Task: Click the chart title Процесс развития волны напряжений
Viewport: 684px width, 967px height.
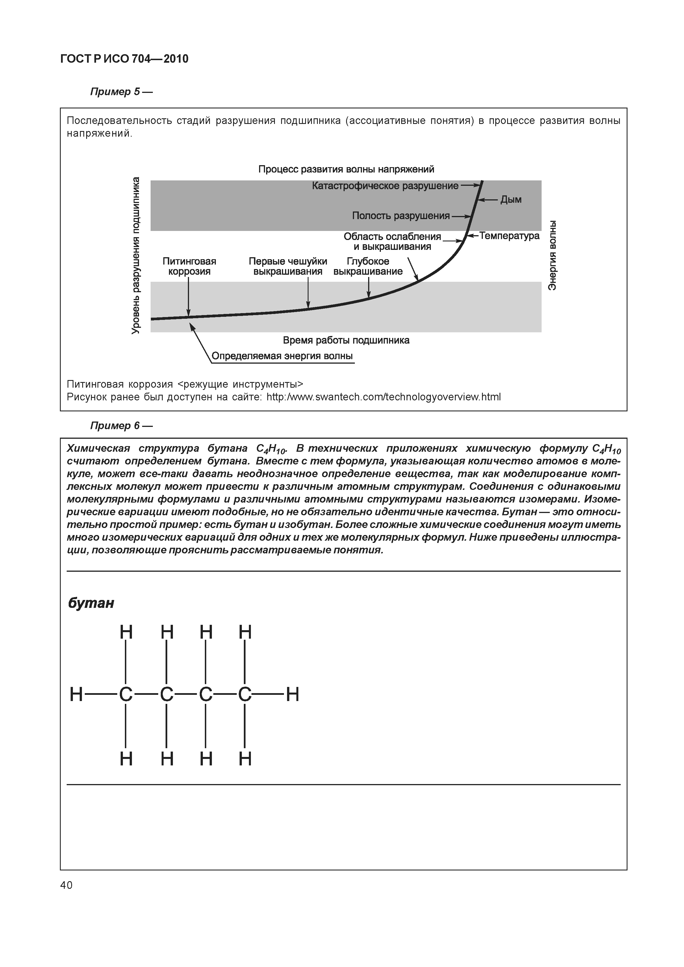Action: tap(346, 169)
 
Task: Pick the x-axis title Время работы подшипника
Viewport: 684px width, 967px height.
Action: tap(346, 340)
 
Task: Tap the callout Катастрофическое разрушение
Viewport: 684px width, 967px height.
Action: tap(385, 186)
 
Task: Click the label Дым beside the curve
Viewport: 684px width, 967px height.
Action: tap(511, 200)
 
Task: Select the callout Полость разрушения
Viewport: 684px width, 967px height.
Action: tap(401, 216)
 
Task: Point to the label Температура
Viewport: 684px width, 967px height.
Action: tap(509, 236)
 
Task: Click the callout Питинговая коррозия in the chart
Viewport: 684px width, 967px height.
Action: tap(189, 266)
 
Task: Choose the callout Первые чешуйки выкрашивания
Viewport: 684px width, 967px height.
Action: tap(288, 266)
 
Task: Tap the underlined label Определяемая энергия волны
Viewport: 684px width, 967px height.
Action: tap(282, 356)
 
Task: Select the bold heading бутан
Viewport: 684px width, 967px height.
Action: tap(91, 603)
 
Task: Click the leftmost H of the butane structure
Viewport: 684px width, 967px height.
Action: tap(76, 695)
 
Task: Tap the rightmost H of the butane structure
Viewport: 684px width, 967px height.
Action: tap(292, 695)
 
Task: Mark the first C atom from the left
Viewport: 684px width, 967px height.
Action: tap(126, 695)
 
